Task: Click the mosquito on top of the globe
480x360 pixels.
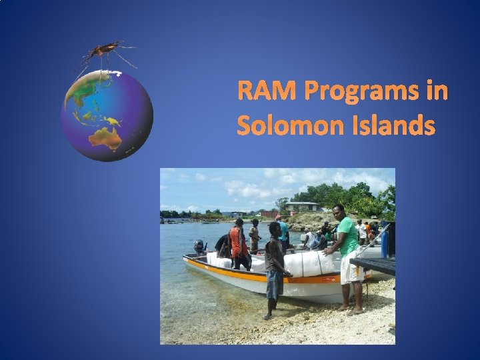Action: click(x=107, y=52)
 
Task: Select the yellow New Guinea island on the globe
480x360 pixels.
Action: click(x=114, y=121)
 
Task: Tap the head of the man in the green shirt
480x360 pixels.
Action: click(x=339, y=212)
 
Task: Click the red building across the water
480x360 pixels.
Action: click(x=271, y=215)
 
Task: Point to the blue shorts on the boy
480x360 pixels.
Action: click(x=273, y=285)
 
